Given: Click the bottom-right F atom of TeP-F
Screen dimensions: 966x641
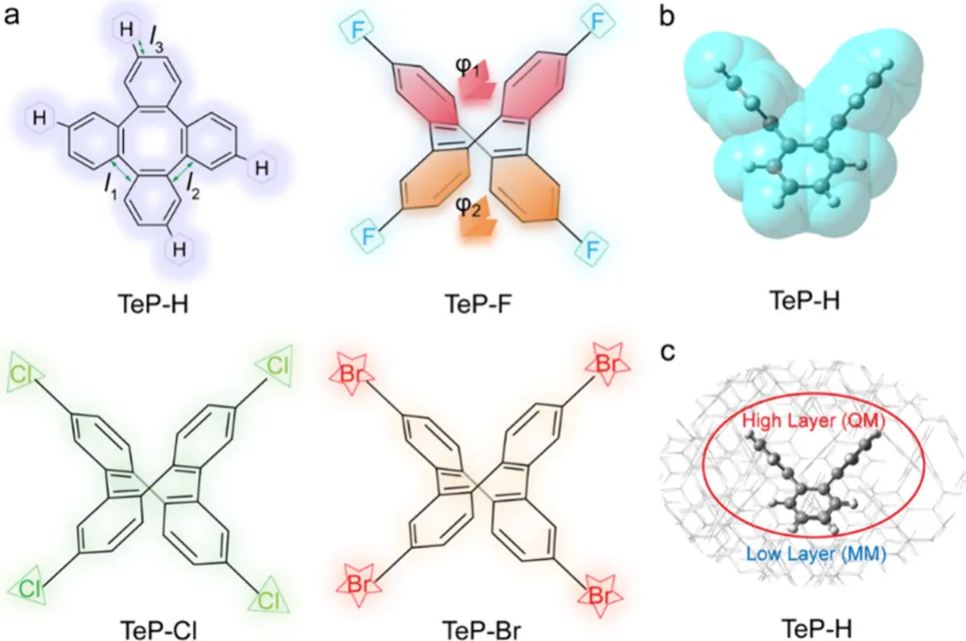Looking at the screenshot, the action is point(592,252).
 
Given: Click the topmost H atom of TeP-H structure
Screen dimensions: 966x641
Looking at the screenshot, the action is point(127,28).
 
